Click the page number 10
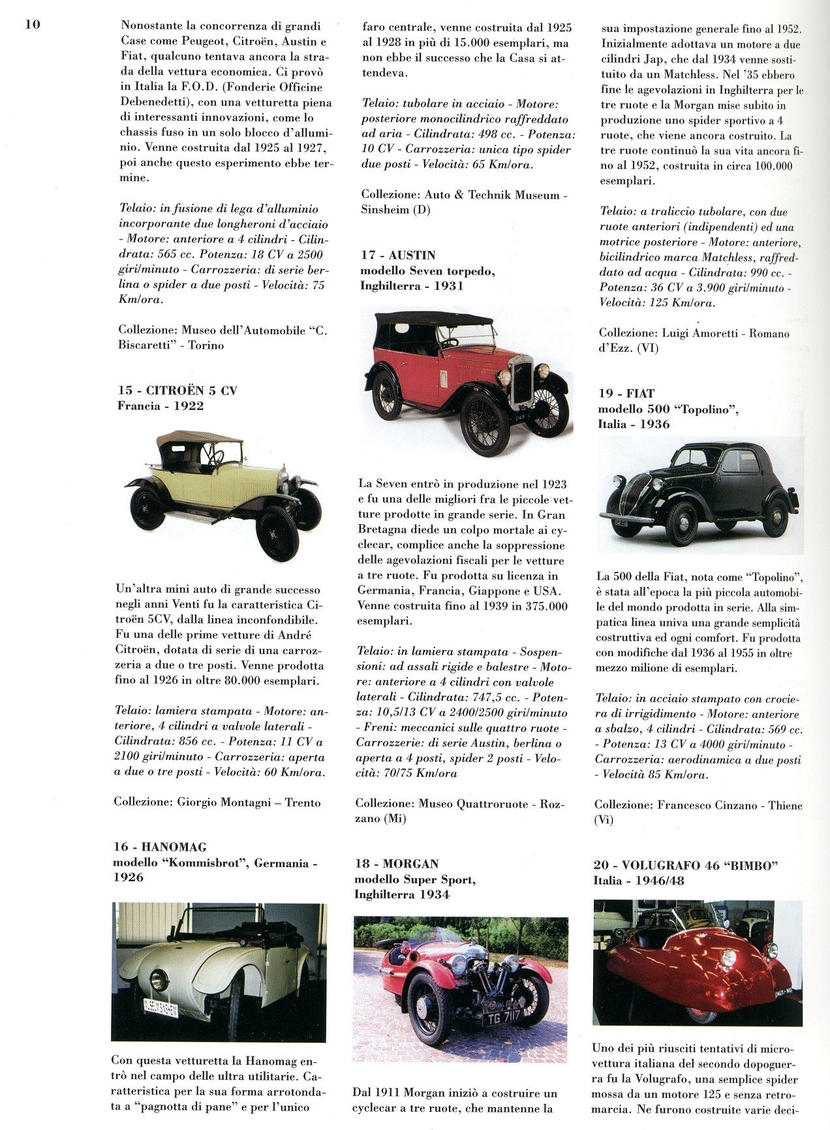point(33,25)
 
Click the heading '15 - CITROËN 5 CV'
point(177,390)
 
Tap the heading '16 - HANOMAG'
point(159,847)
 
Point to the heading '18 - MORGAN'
point(396,864)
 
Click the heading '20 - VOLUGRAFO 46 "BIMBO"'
point(686,866)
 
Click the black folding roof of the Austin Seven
point(432,323)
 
